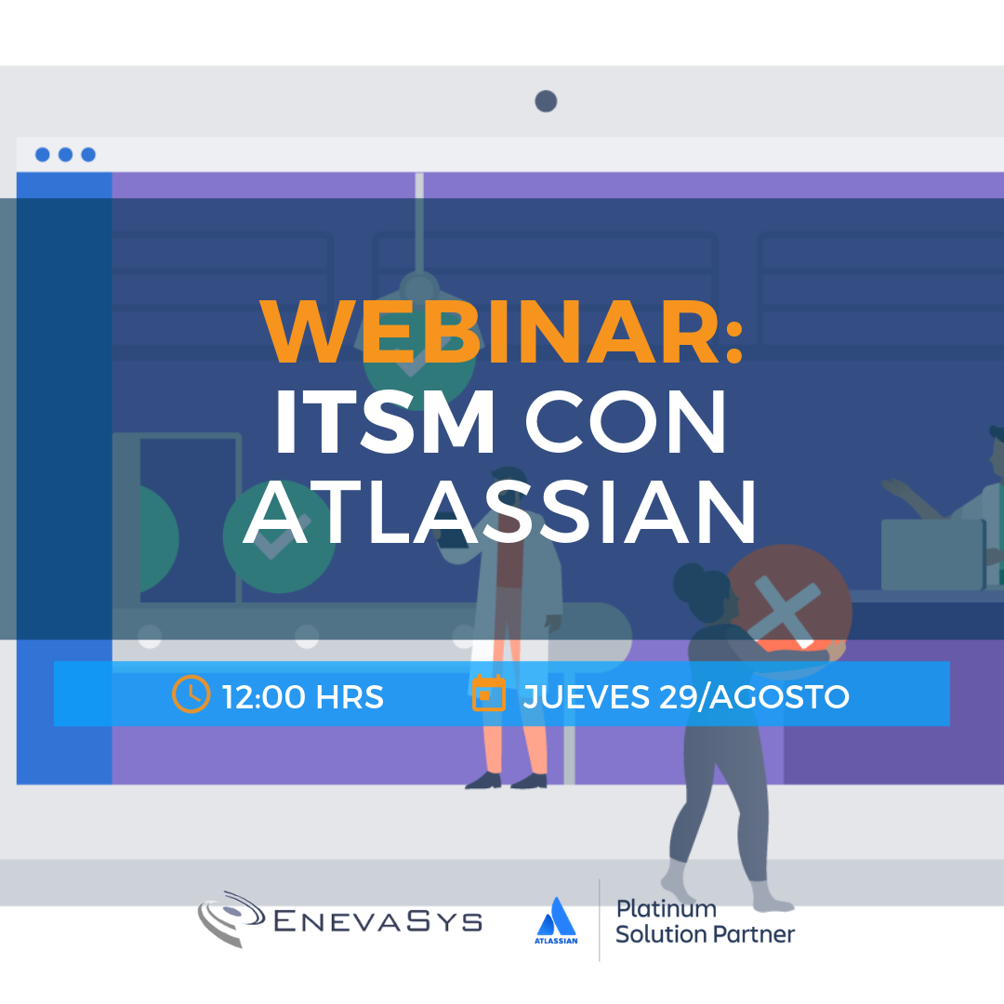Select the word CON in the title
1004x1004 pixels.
pyautogui.click(x=626, y=422)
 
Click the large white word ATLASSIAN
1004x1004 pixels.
pyautogui.click(x=500, y=511)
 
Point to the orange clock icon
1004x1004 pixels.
pyautogui.click(x=191, y=694)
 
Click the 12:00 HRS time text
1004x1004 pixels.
pyautogui.click(x=303, y=696)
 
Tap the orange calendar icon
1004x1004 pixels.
pyautogui.click(x=489, y=693)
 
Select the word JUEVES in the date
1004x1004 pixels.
pyautogui.click(x=587, y=696)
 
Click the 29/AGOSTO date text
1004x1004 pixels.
pyautogui.click(x=754, y=696)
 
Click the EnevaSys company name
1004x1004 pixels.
pyautogui.click(x=377, y=922)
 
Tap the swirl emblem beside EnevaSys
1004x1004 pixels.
pyautogui.click(x=231, y=918)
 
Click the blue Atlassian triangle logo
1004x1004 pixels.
pyautogui.click(x=557, y=917)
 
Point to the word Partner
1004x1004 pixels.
pyautogui.click(x=753, y=934)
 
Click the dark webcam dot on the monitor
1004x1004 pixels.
pyautogui.click(x=547, y=101)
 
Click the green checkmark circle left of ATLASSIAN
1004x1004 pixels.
pyautogui.click(x=279, y=536)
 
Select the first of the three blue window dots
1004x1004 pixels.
pyautogui.click(x=42, y=154)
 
